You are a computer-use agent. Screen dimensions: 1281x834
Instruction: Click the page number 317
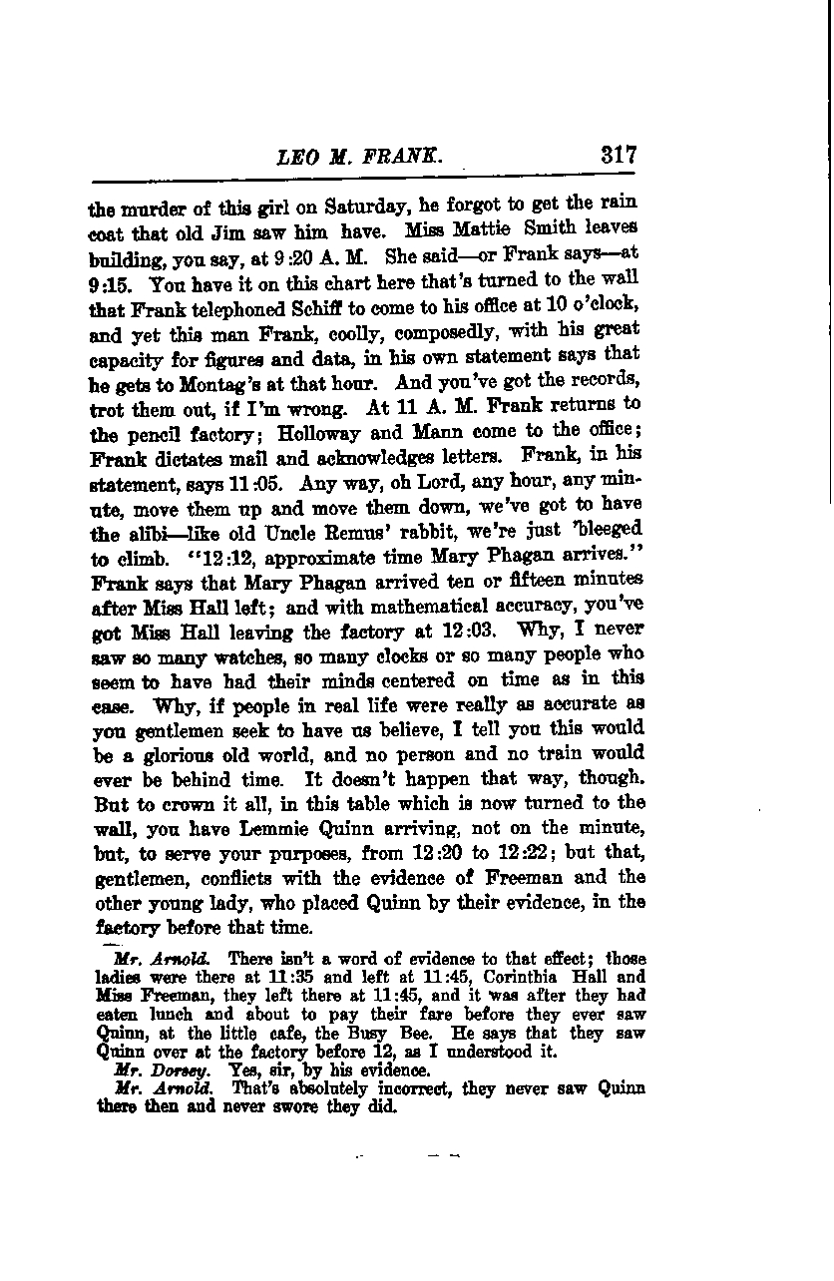(x=619, y=156)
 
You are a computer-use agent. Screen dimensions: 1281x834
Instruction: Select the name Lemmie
(x=304, y=828)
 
